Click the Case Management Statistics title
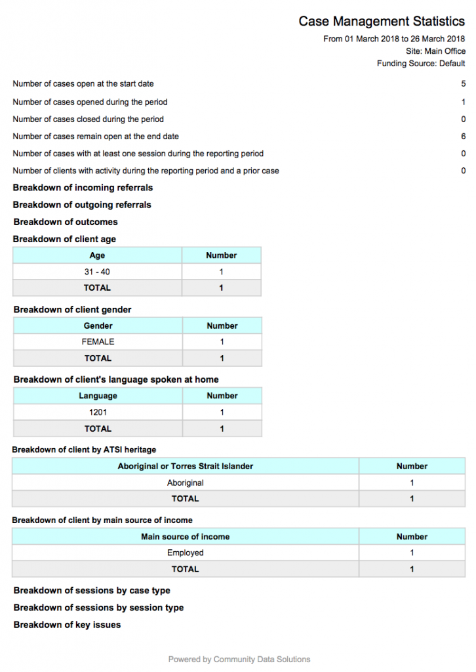382,22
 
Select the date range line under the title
394,39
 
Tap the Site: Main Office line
435,51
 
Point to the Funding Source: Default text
421,64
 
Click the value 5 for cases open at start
463,84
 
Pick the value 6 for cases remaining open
463,136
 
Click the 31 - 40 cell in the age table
97,272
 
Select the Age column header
97,255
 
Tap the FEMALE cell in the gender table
98,342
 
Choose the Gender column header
98,325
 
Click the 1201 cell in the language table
98,412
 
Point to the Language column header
98,396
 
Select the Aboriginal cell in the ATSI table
185,482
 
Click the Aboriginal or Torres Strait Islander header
185,466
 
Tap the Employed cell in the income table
185,553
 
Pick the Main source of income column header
185,536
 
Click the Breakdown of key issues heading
67,625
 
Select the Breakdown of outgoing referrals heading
82,205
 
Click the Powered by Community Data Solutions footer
239,659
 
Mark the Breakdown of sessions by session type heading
98,608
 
